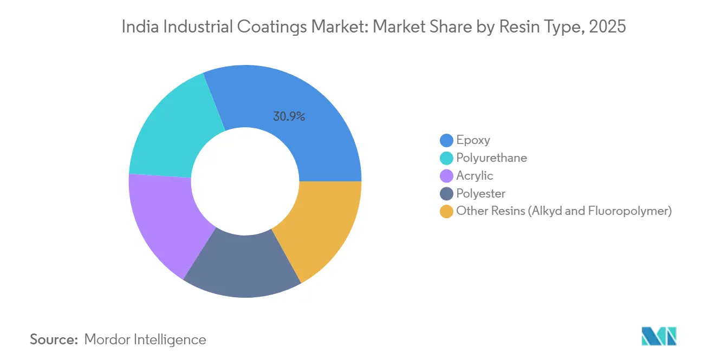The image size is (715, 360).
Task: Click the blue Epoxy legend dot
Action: click(x=447, y=141)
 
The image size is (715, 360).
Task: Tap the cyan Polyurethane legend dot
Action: click(x=447, y=158)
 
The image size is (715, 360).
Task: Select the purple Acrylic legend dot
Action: click(x=447, y=176)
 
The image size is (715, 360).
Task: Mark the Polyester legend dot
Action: click(x=447, y=193)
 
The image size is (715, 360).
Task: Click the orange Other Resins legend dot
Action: click(x=447, y=211)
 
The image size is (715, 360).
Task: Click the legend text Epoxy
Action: click(x=473, y=140)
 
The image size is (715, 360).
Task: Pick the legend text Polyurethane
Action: click(x=491, y=158)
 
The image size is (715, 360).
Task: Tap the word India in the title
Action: click(x=136, y=27)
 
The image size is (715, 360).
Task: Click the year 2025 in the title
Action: click(x=609, y=27)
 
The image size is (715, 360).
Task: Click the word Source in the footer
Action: click(x=54, y=339)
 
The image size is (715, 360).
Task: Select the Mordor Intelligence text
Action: click(x=145, y=339)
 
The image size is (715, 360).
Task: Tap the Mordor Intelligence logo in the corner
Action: click(x=659, y=336)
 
